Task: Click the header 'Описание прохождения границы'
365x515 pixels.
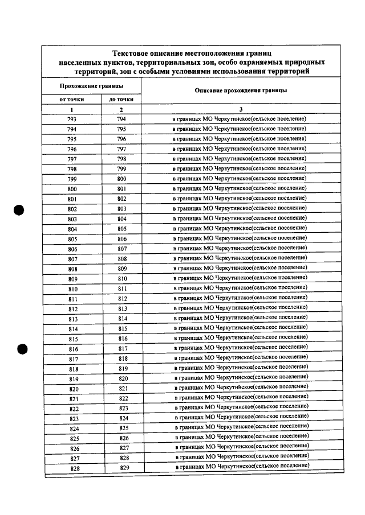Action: [x=241, y=90]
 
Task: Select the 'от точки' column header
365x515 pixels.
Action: [x=72, y=99]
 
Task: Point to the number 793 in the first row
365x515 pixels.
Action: [x=72, y=120]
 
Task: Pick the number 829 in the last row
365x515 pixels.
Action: [x=124, y=468]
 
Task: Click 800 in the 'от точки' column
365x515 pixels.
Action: [x=72, y=189]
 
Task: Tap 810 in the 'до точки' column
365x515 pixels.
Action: [x=122, y=279]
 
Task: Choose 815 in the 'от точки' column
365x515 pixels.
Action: [x=74, y=339]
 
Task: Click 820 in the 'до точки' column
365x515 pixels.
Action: [x=123, y=378]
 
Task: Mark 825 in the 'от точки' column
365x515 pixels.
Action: [x=74, y=438]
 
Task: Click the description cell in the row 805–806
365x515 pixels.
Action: [x=240, y=238]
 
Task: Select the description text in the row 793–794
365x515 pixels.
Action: [x=240, y=119]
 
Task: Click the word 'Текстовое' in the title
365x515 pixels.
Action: [x=133, y=52]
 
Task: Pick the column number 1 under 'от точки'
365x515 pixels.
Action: [x=72, y=109]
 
